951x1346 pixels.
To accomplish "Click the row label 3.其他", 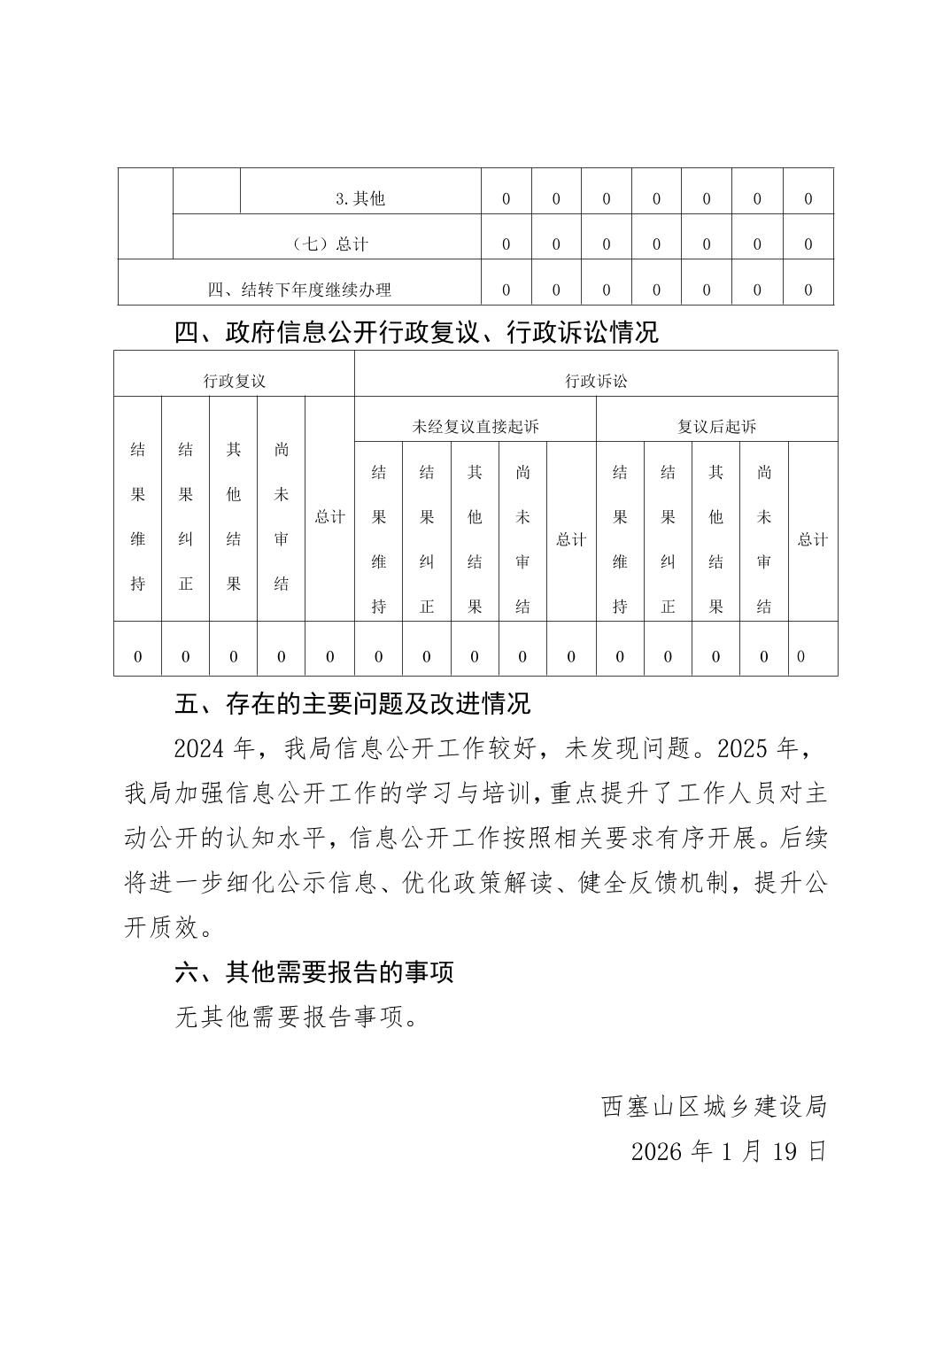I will point(360,198).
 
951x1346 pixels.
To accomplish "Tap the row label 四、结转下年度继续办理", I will point(299,290).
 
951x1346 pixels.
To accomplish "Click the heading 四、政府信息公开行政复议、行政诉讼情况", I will point(416,333).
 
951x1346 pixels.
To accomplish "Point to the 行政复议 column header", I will point(234,381).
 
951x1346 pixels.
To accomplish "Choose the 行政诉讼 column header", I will point(596,381).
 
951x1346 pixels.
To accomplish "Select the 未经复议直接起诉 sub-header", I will point(475,427).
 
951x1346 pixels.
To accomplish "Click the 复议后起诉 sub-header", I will point(716,427).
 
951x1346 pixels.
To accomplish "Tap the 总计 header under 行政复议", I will point(329,516).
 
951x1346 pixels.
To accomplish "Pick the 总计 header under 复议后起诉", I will point(812,539).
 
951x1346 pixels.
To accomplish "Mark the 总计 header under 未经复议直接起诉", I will point(570,539).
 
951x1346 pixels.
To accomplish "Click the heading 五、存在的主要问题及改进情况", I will point(352,704).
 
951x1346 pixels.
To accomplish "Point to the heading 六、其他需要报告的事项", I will point(314,971).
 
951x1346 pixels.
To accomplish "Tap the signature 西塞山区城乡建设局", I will point(714,1106).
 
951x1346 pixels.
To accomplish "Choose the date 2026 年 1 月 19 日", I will point(728,1151).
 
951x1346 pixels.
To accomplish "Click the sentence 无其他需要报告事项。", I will point(297,1017).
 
